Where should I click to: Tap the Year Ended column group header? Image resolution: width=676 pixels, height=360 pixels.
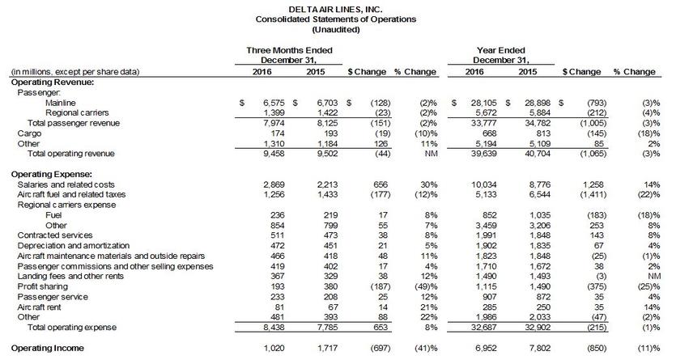click(500, 50)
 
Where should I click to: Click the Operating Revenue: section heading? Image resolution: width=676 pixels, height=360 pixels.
click(52, 82)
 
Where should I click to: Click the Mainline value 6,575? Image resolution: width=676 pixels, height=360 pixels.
click(266, 103)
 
